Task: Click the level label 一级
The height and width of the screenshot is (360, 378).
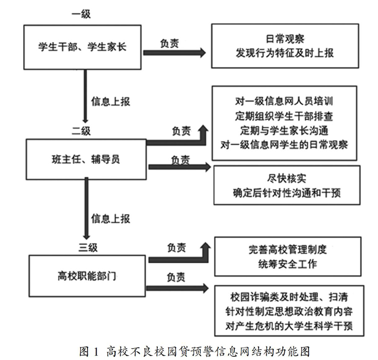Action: tap(81, 14)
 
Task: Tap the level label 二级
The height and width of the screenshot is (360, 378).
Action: tap(81, 131)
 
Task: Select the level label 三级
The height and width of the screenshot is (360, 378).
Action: tap(88, 248)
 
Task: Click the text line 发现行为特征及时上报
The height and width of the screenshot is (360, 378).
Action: tap(285, 53)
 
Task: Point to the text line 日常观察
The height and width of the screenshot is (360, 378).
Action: tap(285, 39)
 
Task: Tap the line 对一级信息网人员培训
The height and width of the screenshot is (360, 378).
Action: tap(284, 101)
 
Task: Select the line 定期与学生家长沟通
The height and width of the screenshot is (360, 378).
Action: tap(284, 131)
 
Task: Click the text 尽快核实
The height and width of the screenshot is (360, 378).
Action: tap(287, 179)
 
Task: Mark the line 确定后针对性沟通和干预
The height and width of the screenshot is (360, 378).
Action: tap(287, 193)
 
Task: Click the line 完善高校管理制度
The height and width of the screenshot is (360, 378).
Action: tap(288, 250)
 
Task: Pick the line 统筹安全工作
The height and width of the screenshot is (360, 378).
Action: tap(288, 264)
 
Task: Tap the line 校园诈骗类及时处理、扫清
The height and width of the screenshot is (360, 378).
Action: tap(289, 297)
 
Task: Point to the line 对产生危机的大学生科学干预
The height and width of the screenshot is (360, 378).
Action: tap(289, 326)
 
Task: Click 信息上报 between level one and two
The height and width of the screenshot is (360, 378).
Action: tap(111, 102)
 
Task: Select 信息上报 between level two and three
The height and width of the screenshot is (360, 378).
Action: tap(111, 219)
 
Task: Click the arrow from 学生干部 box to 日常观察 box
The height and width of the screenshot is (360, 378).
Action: tap(174, 52)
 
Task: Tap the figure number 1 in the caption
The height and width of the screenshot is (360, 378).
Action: tap(96, 352)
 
